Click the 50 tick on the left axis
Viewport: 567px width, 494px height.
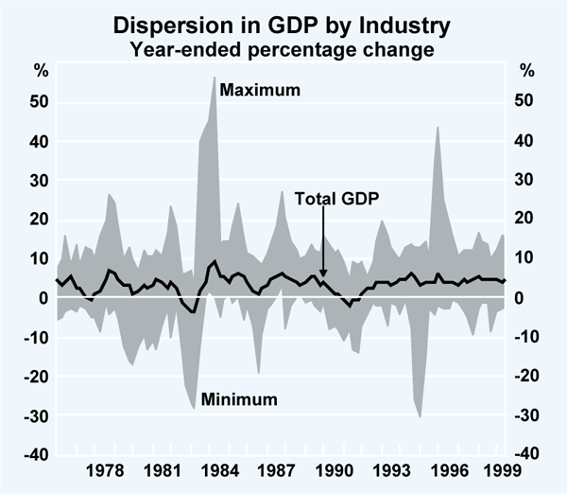click(x=40, y=101)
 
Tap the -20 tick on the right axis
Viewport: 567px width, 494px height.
click(x=529, y=376)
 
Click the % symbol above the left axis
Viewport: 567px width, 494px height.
click(x=41, y=71)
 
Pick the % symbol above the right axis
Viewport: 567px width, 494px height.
click(x=526, y=71)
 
